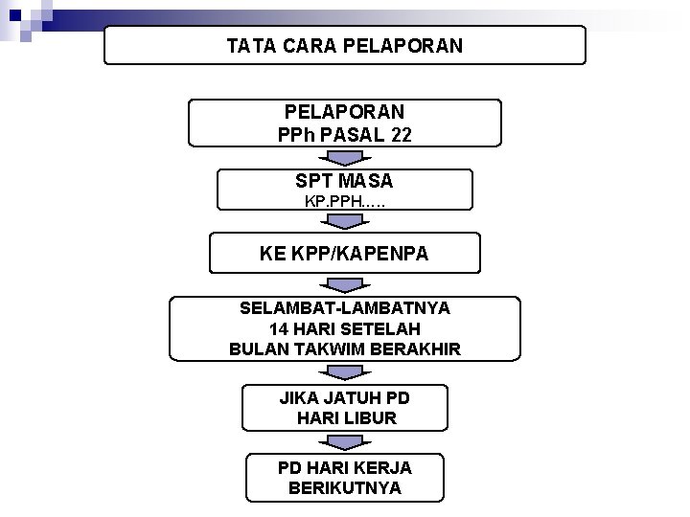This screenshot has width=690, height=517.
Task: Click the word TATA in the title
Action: click(x=249, y=45)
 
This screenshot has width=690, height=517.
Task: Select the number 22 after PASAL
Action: click(x=401, y=135)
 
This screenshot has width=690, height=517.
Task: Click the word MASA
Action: click(x=365, y=180)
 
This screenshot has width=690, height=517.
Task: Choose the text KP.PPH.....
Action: click(x=337, y=202)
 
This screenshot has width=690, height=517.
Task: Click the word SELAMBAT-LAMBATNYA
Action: click(x=345, y=308)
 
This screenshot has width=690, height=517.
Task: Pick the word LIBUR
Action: click(x=372, y=418)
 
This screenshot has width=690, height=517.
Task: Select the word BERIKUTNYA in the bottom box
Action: click(x=345, y=488)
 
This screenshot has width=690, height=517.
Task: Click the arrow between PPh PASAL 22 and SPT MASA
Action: click(x=344, y=158)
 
